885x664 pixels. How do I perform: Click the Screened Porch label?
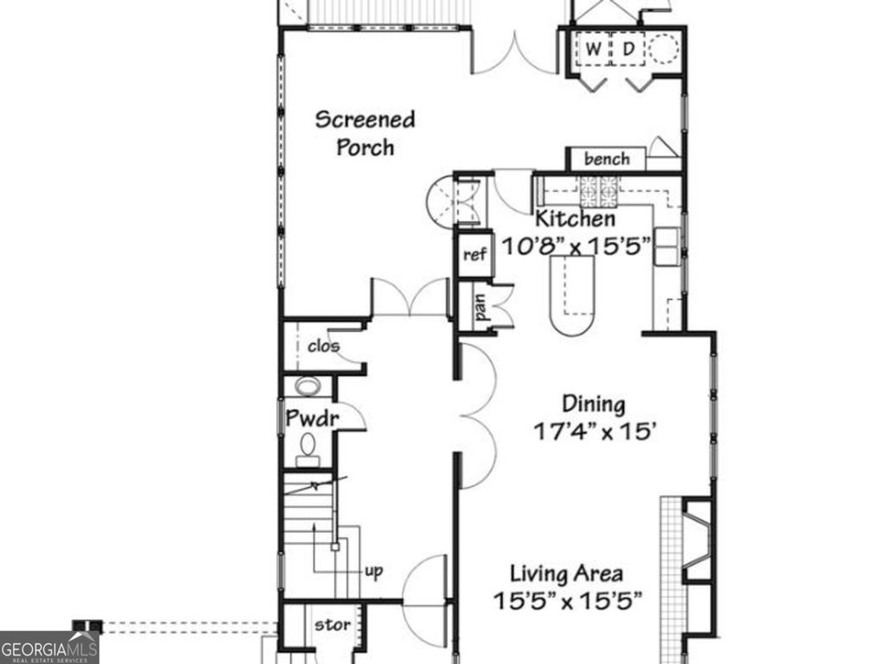365,132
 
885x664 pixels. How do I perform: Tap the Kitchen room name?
576,219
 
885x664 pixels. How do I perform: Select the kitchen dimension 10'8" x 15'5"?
576,246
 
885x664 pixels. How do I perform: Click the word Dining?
593,404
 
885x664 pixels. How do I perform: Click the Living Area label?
565,573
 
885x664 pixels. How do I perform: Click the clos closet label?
323,347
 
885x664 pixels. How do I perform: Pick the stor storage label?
332,624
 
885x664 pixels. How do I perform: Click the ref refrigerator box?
474,255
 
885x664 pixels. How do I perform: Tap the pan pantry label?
478,309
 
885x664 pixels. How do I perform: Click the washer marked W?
592,49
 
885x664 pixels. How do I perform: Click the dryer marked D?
628,49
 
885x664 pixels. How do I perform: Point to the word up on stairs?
373,571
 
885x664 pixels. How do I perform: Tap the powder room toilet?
307,445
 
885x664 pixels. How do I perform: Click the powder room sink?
306,386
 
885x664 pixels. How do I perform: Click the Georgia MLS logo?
49,648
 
